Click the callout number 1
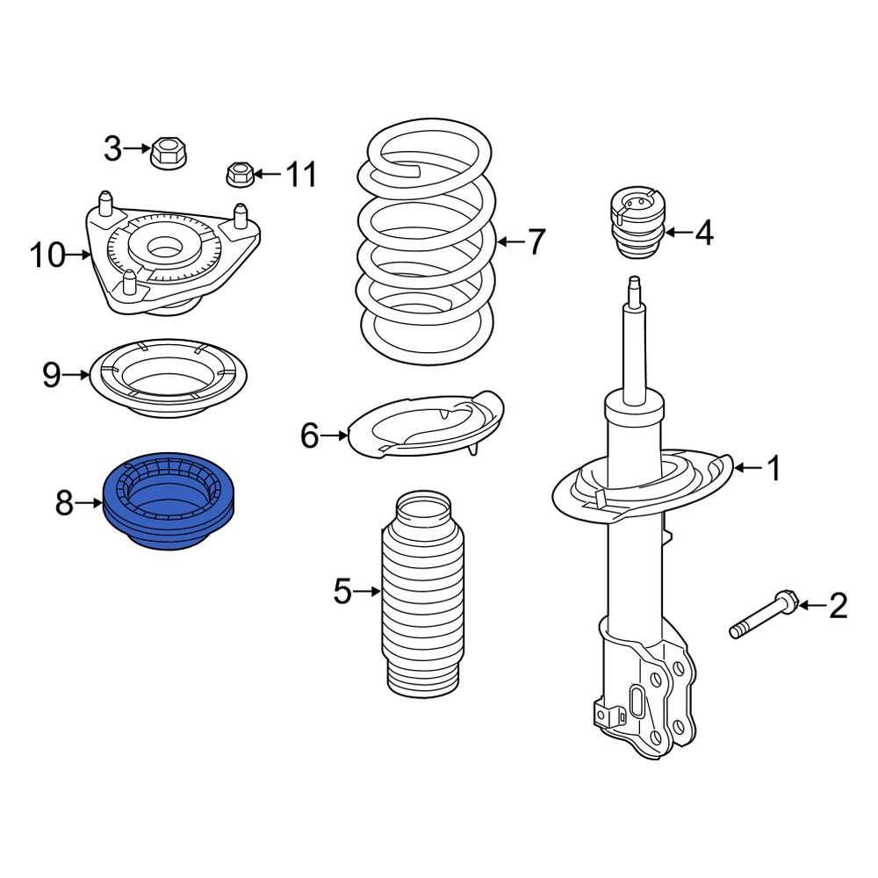click(774, 469)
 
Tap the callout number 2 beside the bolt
click(838, 605)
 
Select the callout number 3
click(112, 149)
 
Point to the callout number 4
click(703, 234)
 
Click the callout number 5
click(342, 593)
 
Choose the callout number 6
click(309, 435)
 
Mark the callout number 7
click(536, 241)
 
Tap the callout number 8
click(64, 503)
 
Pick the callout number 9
click(52, 376)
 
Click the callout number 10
click(47, 255)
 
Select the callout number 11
click(302, 175)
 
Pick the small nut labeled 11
click(240, 174)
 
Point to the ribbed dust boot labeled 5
click(425, 597)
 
